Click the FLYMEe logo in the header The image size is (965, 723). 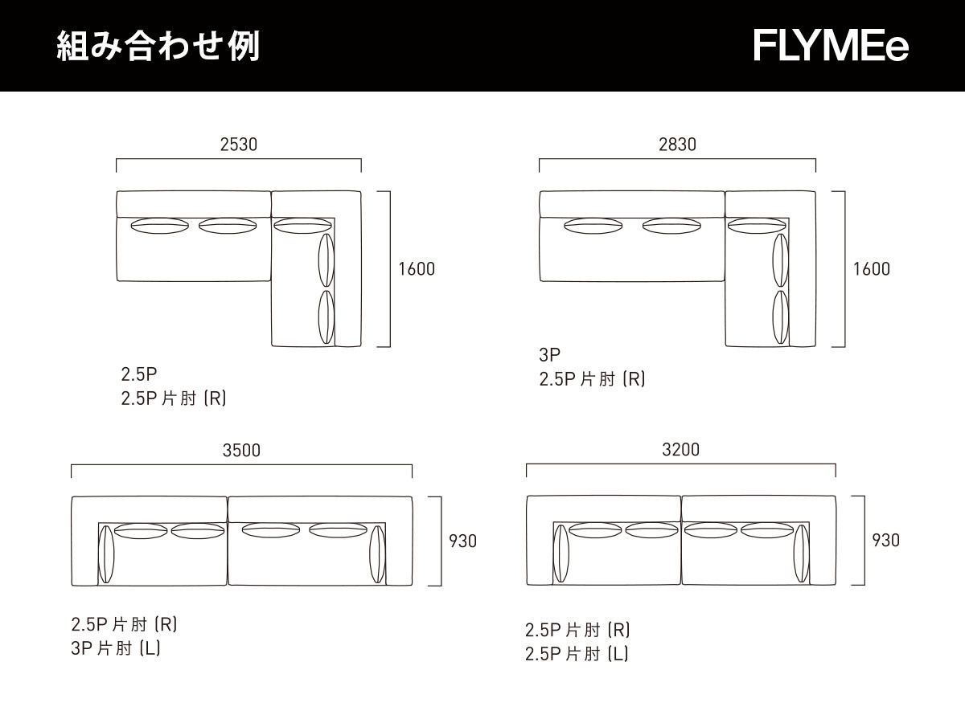tap(831, 46)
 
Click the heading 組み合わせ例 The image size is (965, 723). tap(158, 47)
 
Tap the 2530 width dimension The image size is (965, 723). tap(238, 145)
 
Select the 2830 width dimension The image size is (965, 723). tap(677, 145)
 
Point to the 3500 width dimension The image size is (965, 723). tap(241, 451)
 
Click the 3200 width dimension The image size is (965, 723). tap(680, 450)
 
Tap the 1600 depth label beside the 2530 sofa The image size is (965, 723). tap(417, 269)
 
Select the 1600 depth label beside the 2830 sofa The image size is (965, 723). tap(872, 269)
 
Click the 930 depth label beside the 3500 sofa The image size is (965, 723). tap(462, 541)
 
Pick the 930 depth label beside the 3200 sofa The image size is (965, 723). tap(885, 541)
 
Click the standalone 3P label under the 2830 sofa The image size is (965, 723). tap(549, 355)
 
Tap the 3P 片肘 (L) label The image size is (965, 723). tap(116, 648)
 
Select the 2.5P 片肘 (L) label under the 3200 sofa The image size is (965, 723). tap(577, 655)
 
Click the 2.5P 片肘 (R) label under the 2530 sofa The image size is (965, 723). tap(174, 398)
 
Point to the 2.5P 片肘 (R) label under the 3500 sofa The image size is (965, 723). tap(124, 624)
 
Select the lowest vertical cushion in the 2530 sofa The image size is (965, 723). tap(326, 317)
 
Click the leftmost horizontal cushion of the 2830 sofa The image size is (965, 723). tap(593, 226)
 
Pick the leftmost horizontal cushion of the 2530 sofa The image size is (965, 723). tap(158, 226)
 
